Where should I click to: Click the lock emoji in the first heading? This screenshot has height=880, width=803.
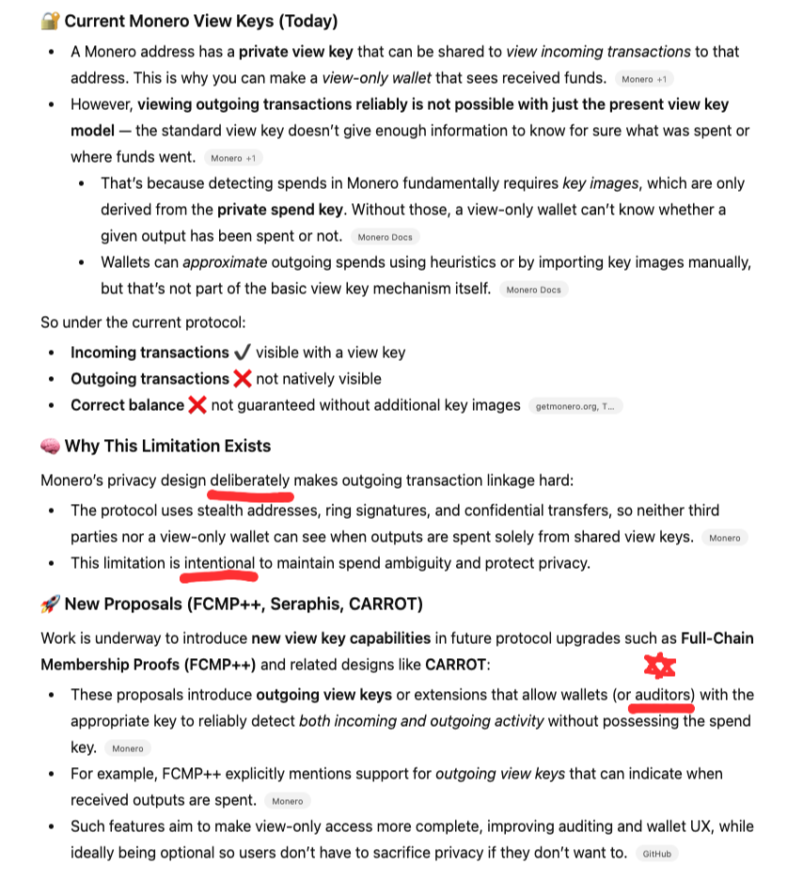50,21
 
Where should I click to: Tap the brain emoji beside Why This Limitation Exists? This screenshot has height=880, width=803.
51,446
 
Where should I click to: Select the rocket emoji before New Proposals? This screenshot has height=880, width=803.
51,603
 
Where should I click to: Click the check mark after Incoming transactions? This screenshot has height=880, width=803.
242,353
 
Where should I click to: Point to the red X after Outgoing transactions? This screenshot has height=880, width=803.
242,379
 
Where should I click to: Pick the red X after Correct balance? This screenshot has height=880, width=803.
197,405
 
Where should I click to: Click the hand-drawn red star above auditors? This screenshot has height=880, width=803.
659,667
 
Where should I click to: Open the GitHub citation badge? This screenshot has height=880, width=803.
657,855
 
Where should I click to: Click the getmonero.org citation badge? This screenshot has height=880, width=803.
575,406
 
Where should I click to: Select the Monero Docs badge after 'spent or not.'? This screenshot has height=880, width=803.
385,237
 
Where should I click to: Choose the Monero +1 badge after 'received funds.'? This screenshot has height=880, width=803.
643,79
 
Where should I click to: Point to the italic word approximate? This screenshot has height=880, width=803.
225,261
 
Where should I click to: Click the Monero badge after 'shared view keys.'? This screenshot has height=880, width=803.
724,538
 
